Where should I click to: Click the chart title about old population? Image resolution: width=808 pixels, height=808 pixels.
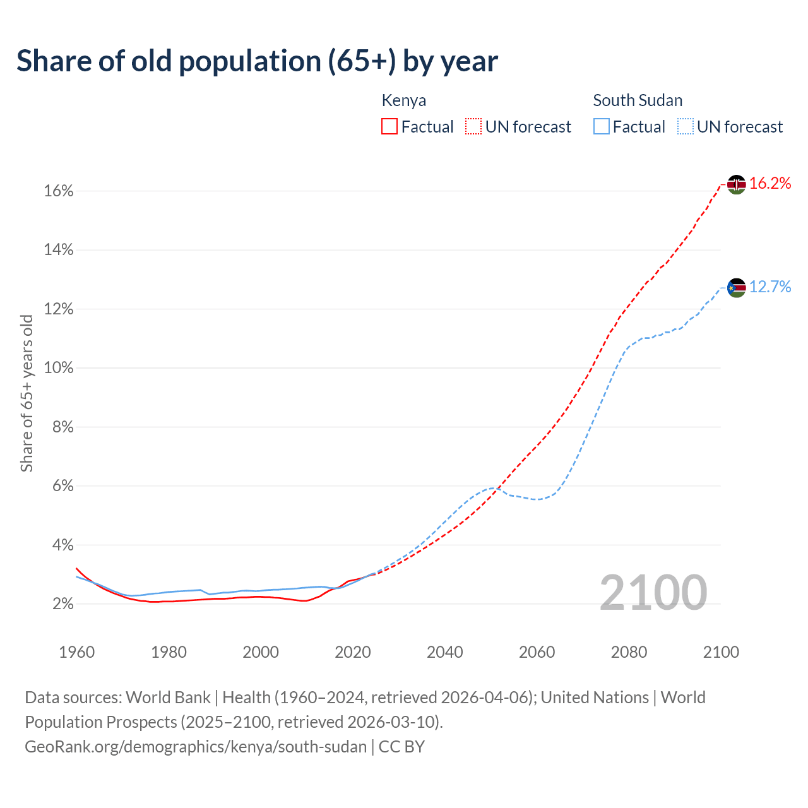(x=257, y=61)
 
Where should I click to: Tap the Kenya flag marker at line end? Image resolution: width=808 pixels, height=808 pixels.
(x=736, y=184)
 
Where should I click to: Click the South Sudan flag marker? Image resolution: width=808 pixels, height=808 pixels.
(x=736, y=288)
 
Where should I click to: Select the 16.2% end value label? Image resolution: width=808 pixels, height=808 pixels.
(x=770, y=184)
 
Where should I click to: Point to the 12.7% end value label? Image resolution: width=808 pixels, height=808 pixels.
(x=770, y=287)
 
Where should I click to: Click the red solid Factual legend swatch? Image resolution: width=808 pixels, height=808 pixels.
(x=389, y=127)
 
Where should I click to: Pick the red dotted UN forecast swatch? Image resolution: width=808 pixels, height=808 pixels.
(x=473, y=127)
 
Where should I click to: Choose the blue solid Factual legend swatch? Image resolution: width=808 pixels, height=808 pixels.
(x=601, y=127)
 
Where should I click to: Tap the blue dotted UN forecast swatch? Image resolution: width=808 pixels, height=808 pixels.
(x=685, y=127)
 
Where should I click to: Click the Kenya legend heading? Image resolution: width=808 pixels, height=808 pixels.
(x=404, y=100)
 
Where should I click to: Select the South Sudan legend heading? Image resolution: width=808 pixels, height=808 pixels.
(x=638, y=100)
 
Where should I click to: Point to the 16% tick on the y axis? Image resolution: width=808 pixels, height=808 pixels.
(x=59, y=191)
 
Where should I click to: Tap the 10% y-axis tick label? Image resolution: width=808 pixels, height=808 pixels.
(x=59, y=368)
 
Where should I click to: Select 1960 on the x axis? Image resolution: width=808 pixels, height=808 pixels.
(x=77, y=652)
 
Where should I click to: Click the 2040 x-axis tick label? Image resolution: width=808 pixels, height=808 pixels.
(x=445, y=652)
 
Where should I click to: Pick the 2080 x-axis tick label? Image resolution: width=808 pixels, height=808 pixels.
(x=629, y=652)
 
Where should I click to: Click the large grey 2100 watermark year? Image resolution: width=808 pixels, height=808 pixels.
(x=653, y=592)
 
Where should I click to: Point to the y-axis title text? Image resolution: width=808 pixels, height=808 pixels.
(x=27, y=393)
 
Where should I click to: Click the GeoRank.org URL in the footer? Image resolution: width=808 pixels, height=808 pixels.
(x=196, y=747)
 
